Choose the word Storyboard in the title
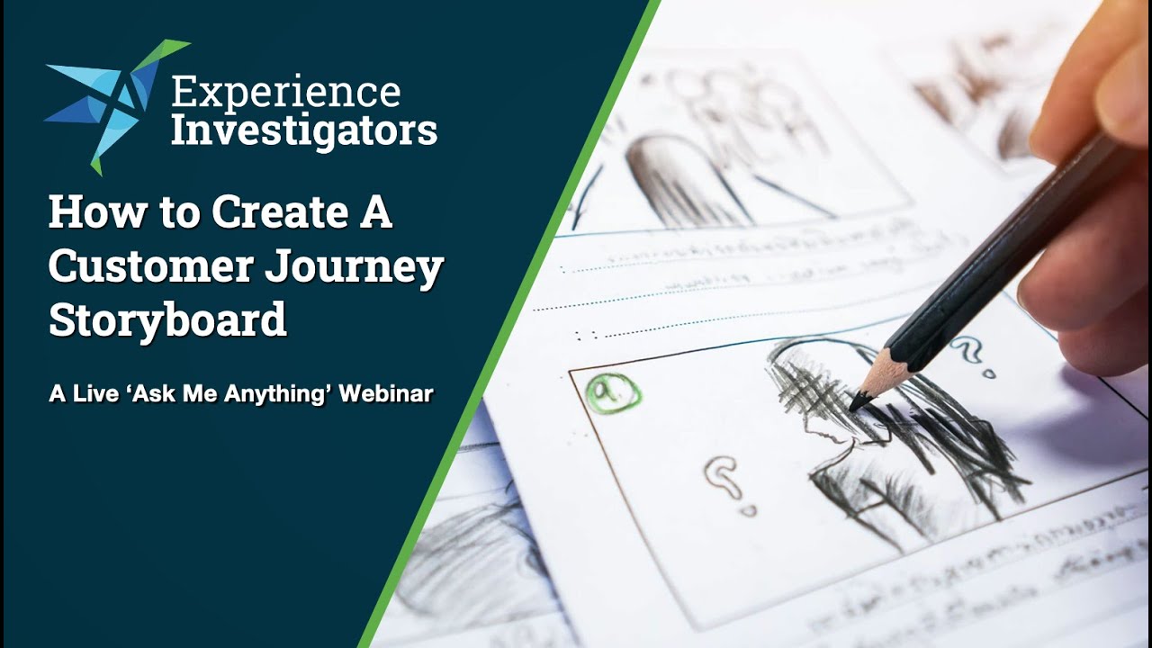[167, 320]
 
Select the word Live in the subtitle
[90, 393]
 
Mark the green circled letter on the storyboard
[613, 392]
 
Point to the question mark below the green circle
[723, 477]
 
